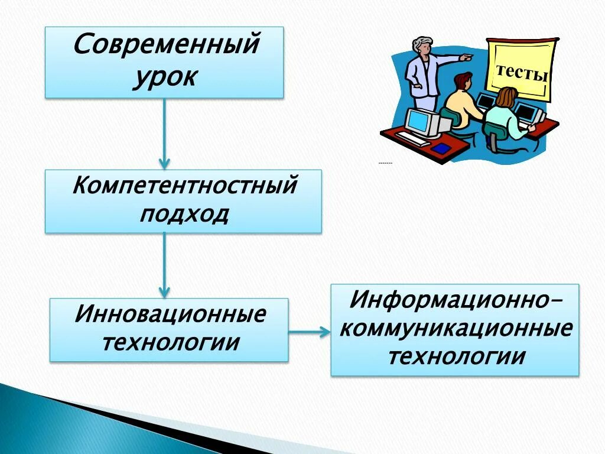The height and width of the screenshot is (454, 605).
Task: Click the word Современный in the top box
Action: pos(166,45)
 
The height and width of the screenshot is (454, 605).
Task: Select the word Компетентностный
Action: pos(184,186)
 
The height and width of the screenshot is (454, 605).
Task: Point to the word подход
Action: pos(184,213)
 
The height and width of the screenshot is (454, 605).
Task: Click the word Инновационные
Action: pos(170,314)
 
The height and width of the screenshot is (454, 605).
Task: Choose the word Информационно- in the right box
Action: pos(455,299)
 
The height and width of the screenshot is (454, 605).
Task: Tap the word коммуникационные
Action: pos(455,328)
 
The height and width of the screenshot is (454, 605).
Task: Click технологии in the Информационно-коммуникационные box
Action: pos(455,356)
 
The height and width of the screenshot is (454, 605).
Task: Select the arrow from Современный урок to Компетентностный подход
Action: pos(164,133)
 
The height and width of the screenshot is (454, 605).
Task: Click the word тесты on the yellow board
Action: pos(522,73)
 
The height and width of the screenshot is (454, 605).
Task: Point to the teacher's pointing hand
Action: pos(467,58)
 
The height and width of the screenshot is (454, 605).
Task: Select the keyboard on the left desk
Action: pos(412,139)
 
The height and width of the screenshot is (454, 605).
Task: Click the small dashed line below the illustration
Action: pos(385,163)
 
